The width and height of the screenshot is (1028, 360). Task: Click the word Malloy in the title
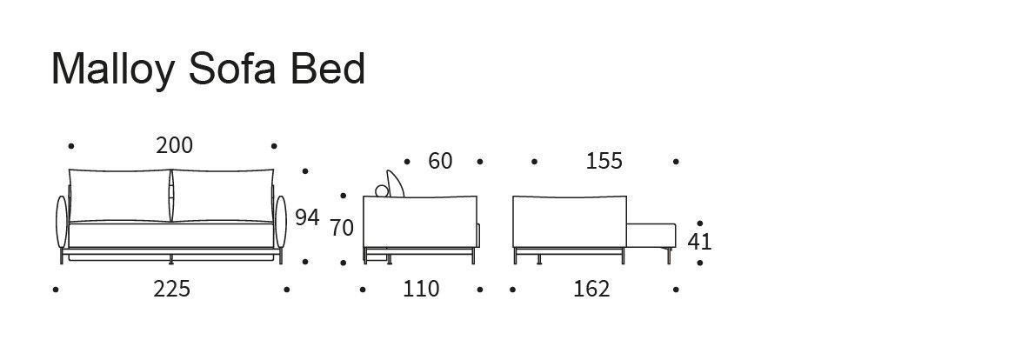click(x=113, y=70)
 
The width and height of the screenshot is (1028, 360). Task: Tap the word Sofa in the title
click(x=232, y=69)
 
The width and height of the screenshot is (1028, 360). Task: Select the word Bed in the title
click(x=328, y=69)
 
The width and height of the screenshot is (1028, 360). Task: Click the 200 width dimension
click(x=175, y=145)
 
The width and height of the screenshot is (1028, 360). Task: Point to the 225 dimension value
click(x=172, y=289)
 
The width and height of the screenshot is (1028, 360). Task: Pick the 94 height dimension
click(x=307, y=217)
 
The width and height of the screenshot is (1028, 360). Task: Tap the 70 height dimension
click(x=342, y=228)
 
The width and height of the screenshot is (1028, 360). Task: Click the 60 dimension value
click(x=440, y=162)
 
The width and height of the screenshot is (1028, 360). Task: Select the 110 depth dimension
click(x=420, y=289)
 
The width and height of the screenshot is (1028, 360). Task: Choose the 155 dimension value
click(x=604, y=162)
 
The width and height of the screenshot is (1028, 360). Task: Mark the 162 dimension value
click(x=591, y=289)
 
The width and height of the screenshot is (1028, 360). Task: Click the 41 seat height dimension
click(x=699, y=243)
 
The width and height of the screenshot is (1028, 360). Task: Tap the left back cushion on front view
click(x=120, y=196)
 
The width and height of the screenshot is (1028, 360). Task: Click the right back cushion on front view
click(x=223, y=196)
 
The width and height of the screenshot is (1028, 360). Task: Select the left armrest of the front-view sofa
click(x=63, y=222)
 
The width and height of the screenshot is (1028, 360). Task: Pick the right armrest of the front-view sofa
click(x=281, y=222)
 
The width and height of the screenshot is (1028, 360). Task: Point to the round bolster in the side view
click(x=382, y=190)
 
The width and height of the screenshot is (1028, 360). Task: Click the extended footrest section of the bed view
click(x=651, y=236)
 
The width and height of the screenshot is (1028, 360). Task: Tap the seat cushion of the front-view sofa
click(x=171, y=235)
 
